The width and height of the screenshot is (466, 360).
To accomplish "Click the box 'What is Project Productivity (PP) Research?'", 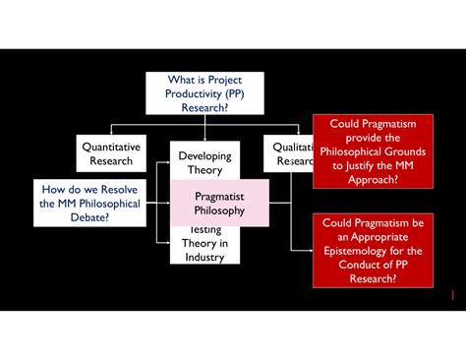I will point(205,92).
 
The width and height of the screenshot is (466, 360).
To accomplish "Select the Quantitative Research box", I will point(111,153).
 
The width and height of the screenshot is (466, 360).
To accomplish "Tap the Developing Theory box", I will point(205,162).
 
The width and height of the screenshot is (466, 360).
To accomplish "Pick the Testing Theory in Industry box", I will point(205,246).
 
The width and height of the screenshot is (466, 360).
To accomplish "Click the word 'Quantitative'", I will point(111,147).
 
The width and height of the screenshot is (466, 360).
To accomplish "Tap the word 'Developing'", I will point(205,155).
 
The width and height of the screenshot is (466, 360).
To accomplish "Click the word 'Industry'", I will point(205,258).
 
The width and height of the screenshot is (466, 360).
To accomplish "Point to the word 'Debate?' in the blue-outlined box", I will point(89,217).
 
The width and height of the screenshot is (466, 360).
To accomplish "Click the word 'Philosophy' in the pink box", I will point(219,210).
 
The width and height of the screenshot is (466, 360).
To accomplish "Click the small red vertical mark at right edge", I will point(452,294).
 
